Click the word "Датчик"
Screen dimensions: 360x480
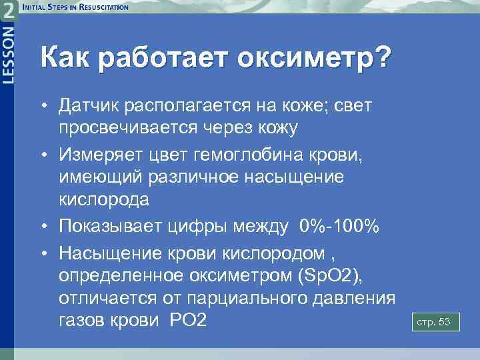[x=89, y=106]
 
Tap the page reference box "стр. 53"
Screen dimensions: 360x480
[x=433, y=323]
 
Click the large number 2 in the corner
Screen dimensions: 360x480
[x=9, y=11]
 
